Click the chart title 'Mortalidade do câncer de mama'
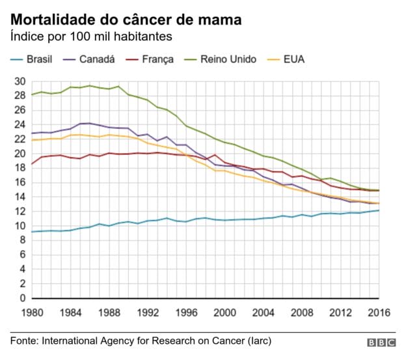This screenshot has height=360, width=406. pos(126,20)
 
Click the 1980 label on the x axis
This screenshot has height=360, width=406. pos(31,312)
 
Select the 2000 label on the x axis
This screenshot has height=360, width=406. pos(224,312)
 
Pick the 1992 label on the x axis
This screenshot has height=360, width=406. pos(147,312)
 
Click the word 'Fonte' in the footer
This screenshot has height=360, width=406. pos(24,340)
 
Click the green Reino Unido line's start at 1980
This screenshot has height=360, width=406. pos(31,94)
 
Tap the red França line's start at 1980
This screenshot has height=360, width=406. pos(31,164)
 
